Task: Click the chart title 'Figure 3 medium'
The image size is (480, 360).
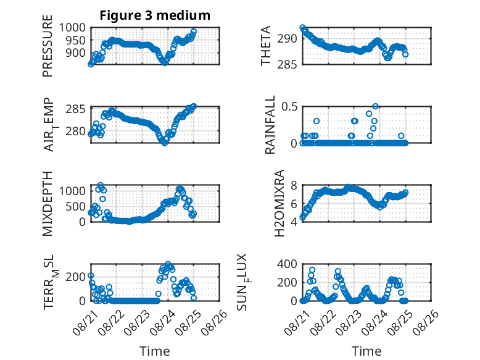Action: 155,15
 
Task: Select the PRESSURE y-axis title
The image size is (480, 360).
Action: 48,46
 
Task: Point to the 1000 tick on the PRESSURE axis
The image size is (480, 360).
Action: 72,28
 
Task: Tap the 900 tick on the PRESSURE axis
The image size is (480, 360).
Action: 76,52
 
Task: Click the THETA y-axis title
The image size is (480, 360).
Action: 266,46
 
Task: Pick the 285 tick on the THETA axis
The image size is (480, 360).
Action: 287,65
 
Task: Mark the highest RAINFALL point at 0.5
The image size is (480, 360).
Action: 375,106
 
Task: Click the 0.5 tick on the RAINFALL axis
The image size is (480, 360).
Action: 289,107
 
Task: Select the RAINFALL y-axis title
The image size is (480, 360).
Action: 270,125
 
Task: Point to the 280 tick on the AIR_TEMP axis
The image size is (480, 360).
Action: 76,131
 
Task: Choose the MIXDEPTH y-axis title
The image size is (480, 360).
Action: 48,204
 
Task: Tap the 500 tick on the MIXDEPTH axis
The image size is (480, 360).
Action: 76,206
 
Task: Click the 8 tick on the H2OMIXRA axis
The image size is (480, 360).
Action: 294,185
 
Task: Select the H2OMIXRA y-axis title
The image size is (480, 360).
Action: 279,203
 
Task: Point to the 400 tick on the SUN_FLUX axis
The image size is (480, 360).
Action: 287,264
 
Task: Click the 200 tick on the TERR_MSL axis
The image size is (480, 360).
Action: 76,277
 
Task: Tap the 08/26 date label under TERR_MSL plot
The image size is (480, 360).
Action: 215,322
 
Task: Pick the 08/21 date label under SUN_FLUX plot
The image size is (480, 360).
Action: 297,322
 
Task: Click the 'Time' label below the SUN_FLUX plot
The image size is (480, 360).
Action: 366,351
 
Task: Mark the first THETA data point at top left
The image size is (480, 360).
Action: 302,28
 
